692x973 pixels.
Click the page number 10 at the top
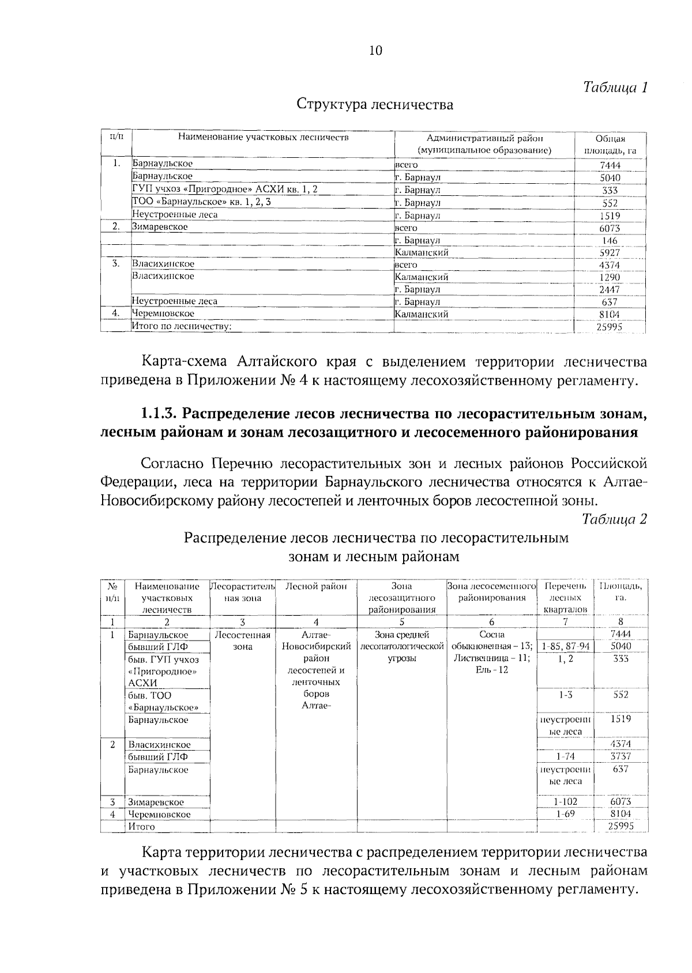pyautogui.click(x=375, y=51)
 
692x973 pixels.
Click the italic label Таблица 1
pyautogui.click(x=615, y=88)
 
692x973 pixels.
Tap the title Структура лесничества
pyautogui.click(x=375, y=105)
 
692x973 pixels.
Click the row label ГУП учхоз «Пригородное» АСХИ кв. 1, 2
pyautogui.click(x=225, y=189)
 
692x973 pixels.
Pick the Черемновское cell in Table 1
pyautogui.click(x=163, y=314)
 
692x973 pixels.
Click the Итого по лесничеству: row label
pyautogui.click(x=182, y=327)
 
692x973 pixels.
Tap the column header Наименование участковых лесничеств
pyautogui.click(x=263, y=138)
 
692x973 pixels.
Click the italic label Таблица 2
pyautogui.click(x=615, y=519)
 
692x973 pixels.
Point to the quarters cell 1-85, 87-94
pyautogui.click(x=565, y=646)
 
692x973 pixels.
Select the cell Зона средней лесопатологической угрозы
pyautogui.click(x=401, y=646)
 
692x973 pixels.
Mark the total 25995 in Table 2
pyautogui.click(x=620, y=826)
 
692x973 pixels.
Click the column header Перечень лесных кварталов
pyautogui.click(x=565, y=598)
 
